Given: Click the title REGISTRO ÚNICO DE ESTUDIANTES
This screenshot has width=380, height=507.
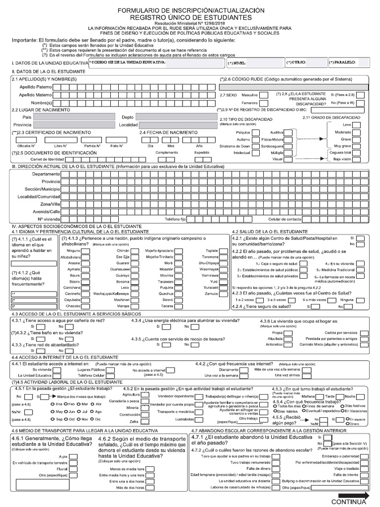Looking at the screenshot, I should [x=190, y=17].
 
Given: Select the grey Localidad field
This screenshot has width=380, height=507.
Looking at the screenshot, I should [x=176, y=125].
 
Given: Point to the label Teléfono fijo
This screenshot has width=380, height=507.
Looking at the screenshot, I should [x=175, y=218].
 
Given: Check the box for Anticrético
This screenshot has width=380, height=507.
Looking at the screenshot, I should [x=288, y=344].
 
